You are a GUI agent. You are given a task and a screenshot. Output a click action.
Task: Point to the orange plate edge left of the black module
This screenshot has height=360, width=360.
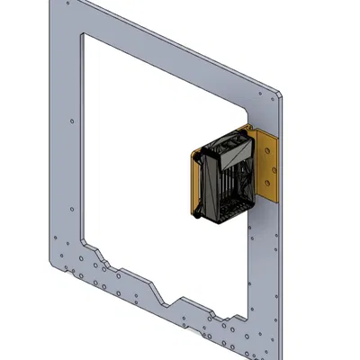[x=193, y=184]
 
